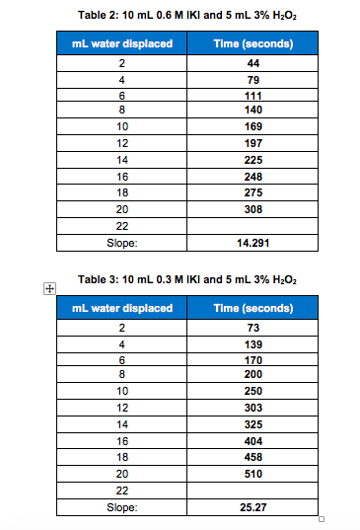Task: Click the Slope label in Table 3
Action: coord(121,507)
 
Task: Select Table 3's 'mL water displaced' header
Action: coord(121,308)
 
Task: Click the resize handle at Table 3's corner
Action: coord(323,520)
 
